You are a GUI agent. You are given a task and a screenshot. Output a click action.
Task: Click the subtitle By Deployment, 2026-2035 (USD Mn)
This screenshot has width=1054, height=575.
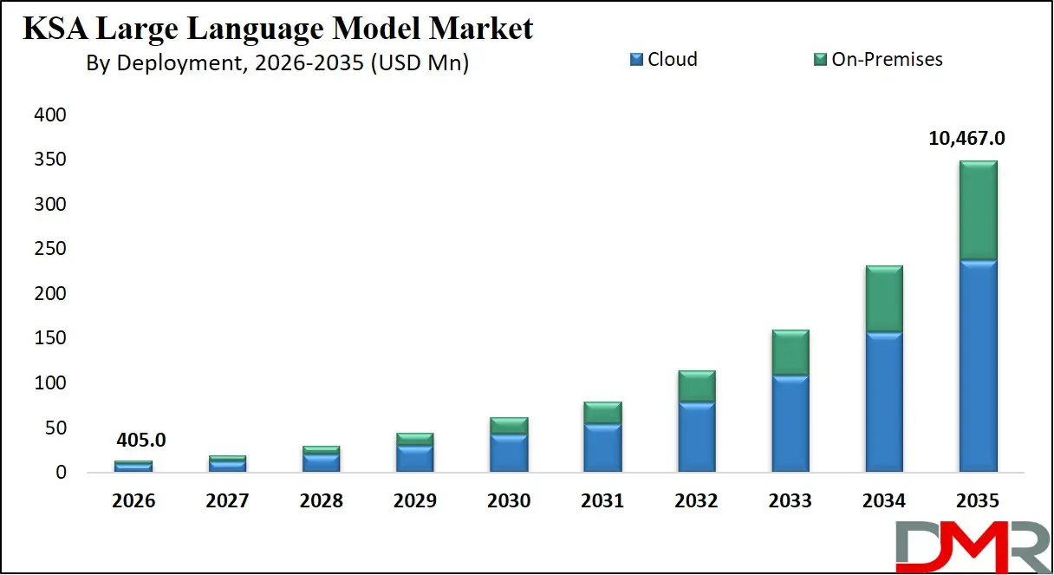pyautogui.click(x=277, y=63)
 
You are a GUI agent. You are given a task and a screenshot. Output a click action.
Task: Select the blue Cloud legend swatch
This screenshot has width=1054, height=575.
pyautogui.click(x=637, y=60)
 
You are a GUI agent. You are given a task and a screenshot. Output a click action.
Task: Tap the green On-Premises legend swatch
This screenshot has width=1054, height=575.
pyautogui.click(x=821, y=60)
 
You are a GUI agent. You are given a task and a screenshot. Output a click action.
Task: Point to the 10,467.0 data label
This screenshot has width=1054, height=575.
pyautogui.click(x=969, y=139)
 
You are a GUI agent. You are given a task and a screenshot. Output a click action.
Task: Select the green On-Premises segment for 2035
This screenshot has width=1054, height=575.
pyautogui.click(x=978, y=210)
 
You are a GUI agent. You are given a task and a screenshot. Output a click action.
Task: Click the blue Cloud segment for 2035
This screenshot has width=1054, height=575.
pyautogui.click(x=978, y=364)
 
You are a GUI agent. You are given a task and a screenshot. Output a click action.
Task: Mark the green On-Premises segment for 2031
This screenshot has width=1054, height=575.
pyautogui.click(x=603, y=413)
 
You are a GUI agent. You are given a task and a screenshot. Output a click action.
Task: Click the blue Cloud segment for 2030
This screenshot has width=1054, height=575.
pyautogui.click(x=509, y=453)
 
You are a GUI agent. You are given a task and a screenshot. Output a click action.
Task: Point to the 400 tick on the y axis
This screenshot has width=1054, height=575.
pyautogui.click(x=50, y=115)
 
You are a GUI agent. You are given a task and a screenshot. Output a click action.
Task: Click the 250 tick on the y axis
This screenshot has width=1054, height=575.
pyautogui.click(x=50, y=249)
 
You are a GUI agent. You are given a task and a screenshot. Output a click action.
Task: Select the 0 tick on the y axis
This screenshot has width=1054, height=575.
pyautogui.click(x=61, y=473)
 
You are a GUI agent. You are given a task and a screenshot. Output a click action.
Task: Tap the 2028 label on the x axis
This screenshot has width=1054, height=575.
pyautogui.click(x=321, y=501)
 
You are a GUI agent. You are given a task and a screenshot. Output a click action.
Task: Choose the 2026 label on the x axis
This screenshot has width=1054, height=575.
pyautogui.click(x=133, y=501)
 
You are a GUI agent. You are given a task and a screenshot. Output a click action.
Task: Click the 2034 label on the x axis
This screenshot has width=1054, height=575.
pyautogui.click(x=884, y=501)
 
